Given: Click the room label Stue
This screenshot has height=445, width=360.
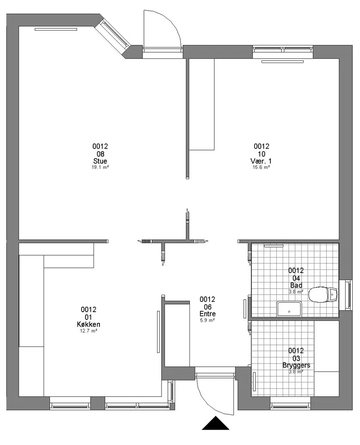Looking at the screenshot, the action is [100, 161].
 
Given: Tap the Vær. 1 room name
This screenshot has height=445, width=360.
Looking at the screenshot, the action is [261, 161].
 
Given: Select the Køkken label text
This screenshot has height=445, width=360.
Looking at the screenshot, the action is [89, 324].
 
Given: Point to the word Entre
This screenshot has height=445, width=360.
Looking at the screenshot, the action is [207, 314].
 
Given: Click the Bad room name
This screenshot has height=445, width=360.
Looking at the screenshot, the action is [296, 285].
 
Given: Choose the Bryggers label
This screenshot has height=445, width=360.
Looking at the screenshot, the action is [296, 366].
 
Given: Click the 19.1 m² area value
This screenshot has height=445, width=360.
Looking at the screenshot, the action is [100, 168].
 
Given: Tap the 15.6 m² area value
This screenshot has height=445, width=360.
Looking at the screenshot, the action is [261, 168].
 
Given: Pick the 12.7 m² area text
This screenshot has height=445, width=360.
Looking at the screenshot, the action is [89, 331].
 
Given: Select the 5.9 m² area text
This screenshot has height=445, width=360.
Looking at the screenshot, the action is [207, 320].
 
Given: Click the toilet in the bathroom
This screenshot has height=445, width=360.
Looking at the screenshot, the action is [323, 294].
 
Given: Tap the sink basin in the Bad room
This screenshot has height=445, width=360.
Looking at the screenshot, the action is [289, 309].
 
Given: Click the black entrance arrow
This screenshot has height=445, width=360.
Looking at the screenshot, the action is [216, 423].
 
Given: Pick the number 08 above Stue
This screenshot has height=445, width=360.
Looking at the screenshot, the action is [100, 154].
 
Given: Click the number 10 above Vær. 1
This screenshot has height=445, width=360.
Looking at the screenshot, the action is [261, 154].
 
